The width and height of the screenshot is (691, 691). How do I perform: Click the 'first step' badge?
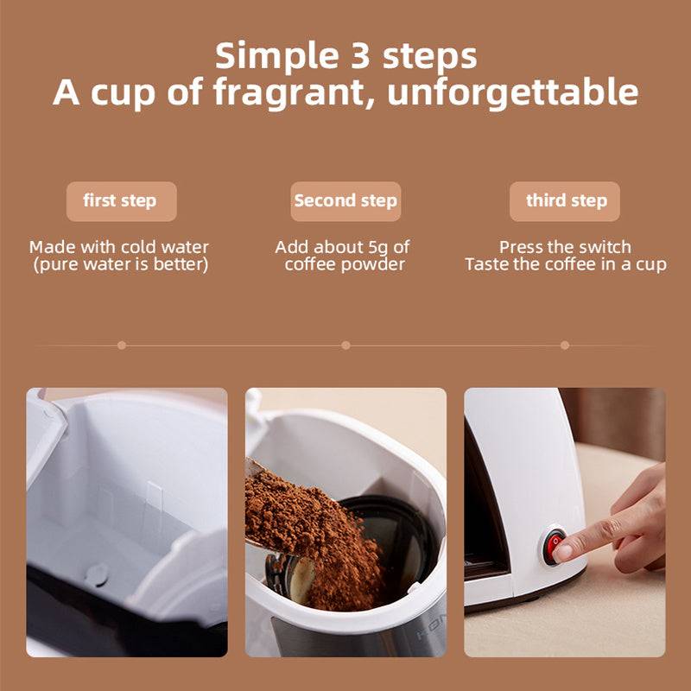[x=120, y=201]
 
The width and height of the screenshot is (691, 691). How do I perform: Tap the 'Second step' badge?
[x=345, y=201]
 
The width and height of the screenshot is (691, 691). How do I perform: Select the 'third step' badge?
[x=566, y=201]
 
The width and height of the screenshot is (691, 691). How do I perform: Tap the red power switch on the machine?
[x=554, y=543]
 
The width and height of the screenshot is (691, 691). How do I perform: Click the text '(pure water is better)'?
[x=120, y=264]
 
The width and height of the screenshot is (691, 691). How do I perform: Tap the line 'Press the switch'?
[x=565, y=247]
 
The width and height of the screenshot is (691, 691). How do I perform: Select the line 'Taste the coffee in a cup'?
[x=565, y=264]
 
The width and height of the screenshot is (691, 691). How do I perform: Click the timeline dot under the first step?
[x=121, y=345]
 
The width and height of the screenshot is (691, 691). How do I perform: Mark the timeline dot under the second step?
[x=345, y=345]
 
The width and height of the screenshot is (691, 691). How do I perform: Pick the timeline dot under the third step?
[x=565, y=345]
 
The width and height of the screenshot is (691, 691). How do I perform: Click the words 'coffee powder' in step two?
[x=345, y=264]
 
